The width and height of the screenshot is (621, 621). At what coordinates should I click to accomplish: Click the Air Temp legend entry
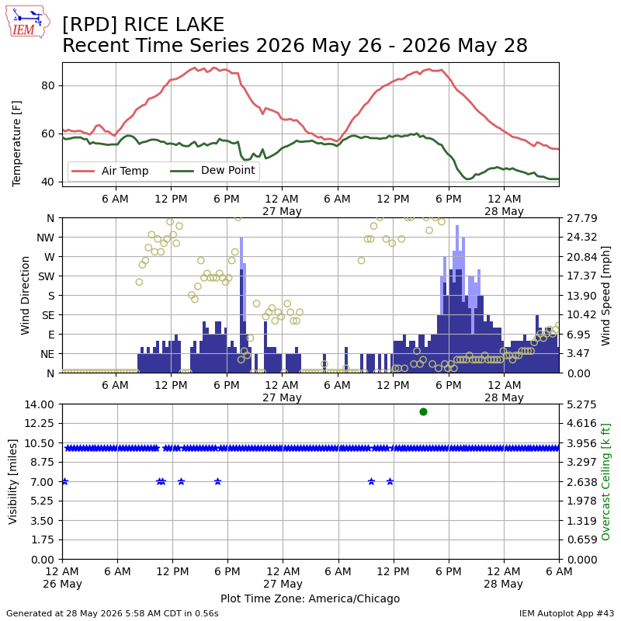click(109, 171)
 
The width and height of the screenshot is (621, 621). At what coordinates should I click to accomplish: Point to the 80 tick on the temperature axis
click(48, 86)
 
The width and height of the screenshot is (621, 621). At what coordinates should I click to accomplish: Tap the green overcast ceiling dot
click(423, 412)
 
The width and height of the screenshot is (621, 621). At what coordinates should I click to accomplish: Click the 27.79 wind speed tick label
click(581, 218)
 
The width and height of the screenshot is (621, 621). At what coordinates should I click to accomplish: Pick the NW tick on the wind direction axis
click(46, 238)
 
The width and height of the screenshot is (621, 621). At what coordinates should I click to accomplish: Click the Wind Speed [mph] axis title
click(605, 296)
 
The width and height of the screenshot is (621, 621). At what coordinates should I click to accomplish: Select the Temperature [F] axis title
click(16, 144)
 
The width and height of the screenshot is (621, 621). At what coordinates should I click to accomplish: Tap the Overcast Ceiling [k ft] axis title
click(605, 481)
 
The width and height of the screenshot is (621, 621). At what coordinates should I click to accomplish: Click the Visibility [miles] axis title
click(12, 481)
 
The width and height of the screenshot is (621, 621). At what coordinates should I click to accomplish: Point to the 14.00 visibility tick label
click(40, 404)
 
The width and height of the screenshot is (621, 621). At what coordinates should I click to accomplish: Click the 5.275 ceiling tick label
click(581, 404)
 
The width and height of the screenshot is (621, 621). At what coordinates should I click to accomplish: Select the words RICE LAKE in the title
click(174, 25)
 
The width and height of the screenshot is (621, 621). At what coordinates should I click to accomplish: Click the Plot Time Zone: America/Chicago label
click(310, 598)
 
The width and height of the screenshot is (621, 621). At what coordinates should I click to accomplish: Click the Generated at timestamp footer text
click(113, 613)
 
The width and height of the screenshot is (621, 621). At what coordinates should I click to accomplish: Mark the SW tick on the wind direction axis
click(47, 276)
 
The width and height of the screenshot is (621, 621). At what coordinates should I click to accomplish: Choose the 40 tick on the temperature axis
click(48, 182)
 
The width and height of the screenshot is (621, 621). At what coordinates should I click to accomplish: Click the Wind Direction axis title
click(25, 296)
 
